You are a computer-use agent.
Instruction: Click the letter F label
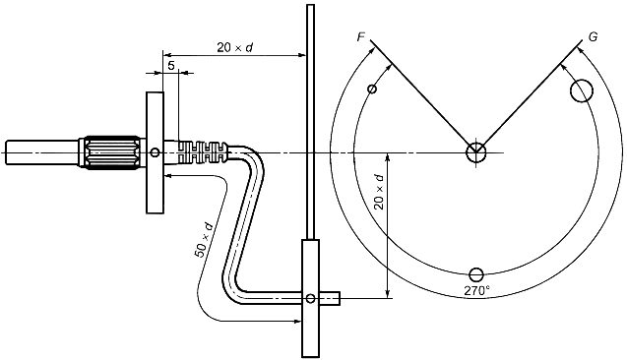point(360,37)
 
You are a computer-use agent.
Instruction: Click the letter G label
point(593,37)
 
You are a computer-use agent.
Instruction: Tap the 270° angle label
point(476,290)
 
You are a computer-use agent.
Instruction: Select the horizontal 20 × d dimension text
point(235,47)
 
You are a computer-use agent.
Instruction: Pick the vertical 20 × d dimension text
point(379,192)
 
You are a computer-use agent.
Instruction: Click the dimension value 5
point(171,65)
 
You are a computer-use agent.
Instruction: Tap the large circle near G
point(582,90)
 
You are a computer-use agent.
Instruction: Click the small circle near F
point(372,89)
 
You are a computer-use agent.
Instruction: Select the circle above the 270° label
point(476,274)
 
